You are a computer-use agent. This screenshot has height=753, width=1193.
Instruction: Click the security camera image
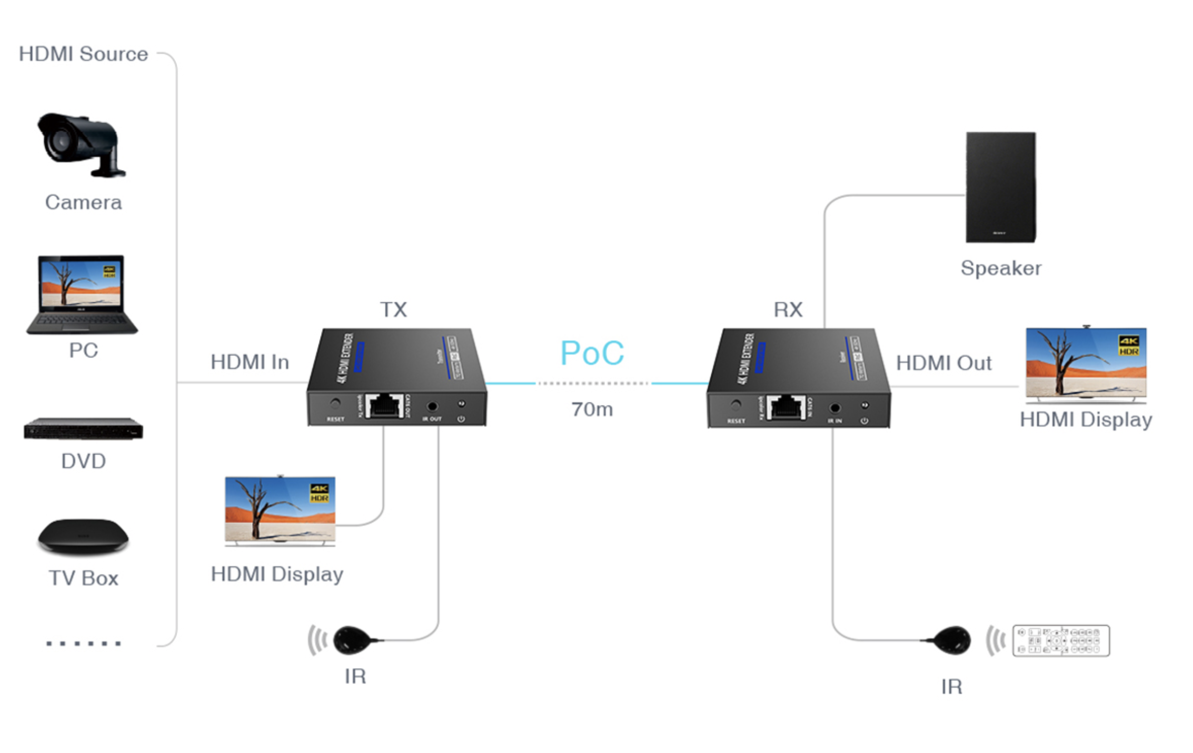pyautogui.click(x=81, y=144)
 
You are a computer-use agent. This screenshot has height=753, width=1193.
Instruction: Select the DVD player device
pyautogui.click(x=83, y=429)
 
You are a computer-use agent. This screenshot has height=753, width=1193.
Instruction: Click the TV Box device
pyautogui.click(x=83, y=536)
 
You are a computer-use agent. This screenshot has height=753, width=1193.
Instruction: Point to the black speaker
pyautogui.click(x=1000, y=187)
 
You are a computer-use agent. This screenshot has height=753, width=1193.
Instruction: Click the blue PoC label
pyautogui.click(x=592, y=353)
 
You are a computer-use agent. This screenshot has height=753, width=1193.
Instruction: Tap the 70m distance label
pyautogui.click(x=592, y=409)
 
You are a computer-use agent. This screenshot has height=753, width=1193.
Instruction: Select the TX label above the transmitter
pyautogui.click(x=393, y=310)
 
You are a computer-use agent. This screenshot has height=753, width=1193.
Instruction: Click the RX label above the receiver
pyautogui.click(x=788, y=310)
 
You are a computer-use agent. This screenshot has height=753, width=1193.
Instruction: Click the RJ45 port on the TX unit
pyautogui.click(x=384, y=405)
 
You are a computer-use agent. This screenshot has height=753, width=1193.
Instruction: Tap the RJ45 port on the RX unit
pyautogui.click(x=786, y=407)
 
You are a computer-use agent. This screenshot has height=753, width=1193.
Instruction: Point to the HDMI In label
pyautogui.click(x=250, y=362)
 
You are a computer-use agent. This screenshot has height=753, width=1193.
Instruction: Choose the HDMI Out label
pyautogui.click(x=943, y=363)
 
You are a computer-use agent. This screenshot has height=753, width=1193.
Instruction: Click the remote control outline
pyautogui.click(x=1060, y=640)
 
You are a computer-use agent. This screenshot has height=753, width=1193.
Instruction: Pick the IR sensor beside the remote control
pyautogui.click(x=952, y=640)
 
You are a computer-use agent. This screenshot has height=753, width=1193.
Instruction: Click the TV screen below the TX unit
pyautogui.click(x=280, y=509)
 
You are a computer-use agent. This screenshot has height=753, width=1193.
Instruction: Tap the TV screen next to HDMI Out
pyautogui.click(x=1086, y=363)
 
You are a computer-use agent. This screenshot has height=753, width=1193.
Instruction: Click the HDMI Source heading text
pyautogui.click(x=83, y=54)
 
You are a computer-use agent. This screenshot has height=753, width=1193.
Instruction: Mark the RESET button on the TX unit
pyautogui.click(x=335, y=404)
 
